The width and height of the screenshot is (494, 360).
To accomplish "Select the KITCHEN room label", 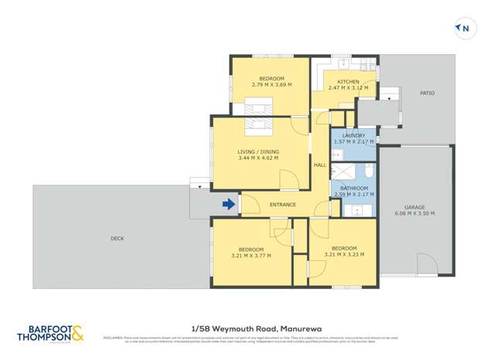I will [x=348, y=82].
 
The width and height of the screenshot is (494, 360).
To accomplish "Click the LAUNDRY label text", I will [x=353, y=136].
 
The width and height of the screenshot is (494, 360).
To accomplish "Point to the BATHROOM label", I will [x=353, y=188].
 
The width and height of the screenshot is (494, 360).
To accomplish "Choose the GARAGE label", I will [x=414, y=207].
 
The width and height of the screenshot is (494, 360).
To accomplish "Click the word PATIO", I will [x=427, y=93].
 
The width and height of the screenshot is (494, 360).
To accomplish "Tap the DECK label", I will [x=117, y=239].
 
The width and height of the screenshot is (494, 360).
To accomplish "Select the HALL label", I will [x=319, y=165].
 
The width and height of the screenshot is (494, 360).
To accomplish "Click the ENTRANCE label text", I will [x=282, y=205].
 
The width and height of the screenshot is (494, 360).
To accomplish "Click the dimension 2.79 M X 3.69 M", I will [x=271, y=86].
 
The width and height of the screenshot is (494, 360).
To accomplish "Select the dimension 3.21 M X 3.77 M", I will [x=251, y=256].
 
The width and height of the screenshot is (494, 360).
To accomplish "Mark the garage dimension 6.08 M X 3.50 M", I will [x=414, y=214].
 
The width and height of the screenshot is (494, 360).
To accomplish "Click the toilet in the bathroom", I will [x=369, y=169].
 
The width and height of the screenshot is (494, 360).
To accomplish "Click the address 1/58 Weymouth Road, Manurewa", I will [x=247, y=327].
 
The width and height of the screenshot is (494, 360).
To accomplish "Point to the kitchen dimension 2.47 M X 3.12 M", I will [x=348, y=88].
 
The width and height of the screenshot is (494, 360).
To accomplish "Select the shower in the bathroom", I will [x=346, y=169].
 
